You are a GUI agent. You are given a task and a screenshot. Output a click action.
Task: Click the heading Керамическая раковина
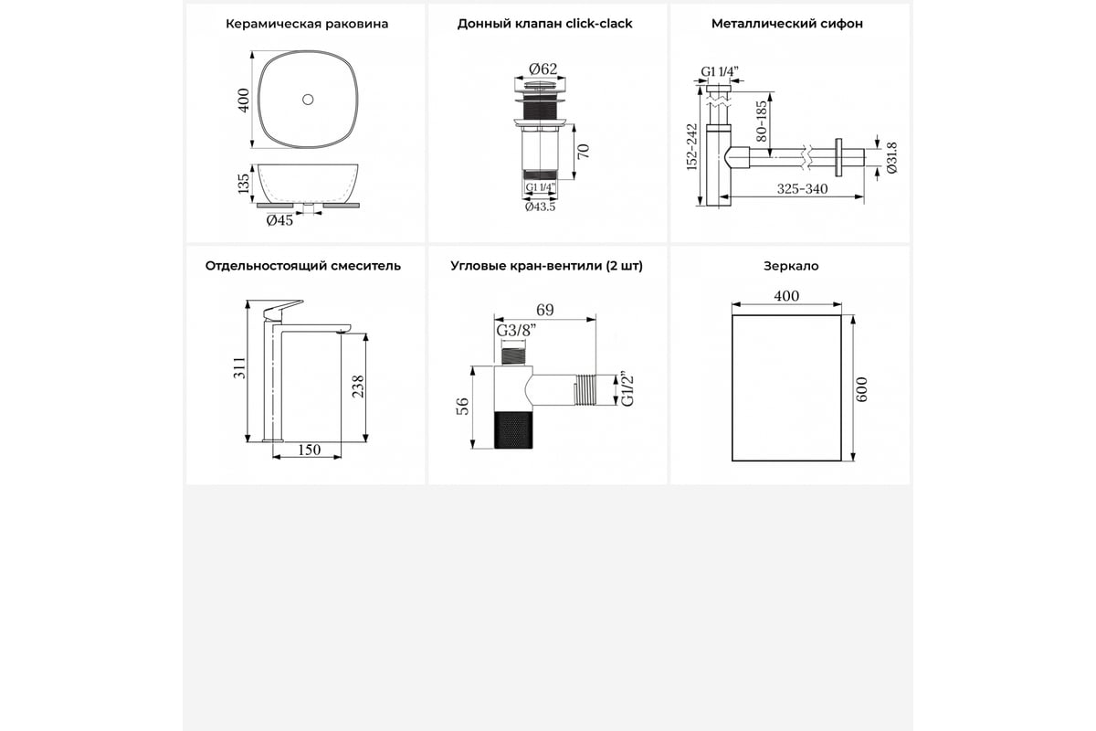(306, 25)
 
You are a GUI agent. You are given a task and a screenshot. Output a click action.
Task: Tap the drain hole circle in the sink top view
(307, 99)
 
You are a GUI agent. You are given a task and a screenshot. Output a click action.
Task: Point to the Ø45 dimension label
(279, 220)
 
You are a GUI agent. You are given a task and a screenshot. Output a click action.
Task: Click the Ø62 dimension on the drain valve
(543, 69)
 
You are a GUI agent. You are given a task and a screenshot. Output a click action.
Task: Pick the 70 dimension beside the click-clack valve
(584, 150)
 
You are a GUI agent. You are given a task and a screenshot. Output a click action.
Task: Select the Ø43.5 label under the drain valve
(540, 207)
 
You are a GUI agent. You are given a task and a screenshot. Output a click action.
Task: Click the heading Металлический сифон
(786, 25)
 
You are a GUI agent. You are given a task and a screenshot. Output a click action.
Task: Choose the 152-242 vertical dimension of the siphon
(691, 146)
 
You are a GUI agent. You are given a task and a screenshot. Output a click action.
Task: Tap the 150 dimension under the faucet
(309, 450)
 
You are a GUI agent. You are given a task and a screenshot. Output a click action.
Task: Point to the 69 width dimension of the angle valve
(544, 310)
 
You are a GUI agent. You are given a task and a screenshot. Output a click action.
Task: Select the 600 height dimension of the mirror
(863, 390)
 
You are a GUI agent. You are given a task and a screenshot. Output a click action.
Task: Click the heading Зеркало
(790, 266)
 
